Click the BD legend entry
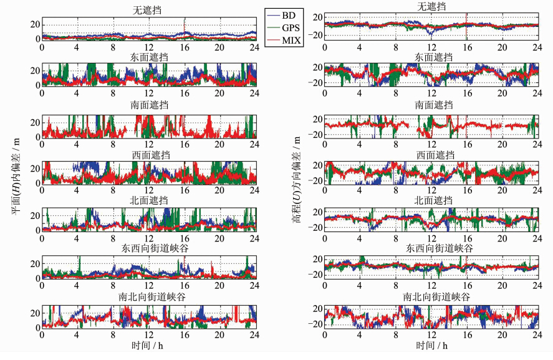[285, 14]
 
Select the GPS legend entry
[285, 27]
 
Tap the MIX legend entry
[285, 41]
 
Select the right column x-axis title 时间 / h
[430, 345]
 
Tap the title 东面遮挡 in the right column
[431, 57]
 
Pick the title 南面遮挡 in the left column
[148, 105]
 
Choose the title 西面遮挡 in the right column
[431, 155]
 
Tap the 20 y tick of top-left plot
[36, 24]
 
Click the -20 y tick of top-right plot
[315, 35]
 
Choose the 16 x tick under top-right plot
[466, 46]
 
